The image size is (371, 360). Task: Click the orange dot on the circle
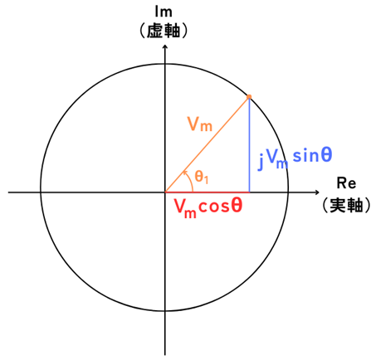(249, 96)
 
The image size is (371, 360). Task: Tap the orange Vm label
(200, 124)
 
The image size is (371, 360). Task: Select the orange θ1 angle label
(202, 177)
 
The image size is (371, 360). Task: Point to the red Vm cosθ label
(208, 207)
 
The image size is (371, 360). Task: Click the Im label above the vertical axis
(164, 12)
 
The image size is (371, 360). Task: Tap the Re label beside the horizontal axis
(346, 183)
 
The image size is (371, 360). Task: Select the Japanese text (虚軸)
(164, 31)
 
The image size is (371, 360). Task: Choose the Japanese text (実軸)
(346, 205)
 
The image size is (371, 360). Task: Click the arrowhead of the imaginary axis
(165, 46)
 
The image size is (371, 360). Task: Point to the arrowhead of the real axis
(318, 192)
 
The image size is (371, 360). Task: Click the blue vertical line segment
(249, 145)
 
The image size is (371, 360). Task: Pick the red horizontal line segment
(207, 192)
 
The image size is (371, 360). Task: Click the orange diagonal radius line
(207, 144)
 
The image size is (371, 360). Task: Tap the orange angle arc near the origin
(190, 180)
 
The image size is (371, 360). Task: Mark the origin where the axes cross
(165, 192)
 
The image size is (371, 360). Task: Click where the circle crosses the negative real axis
(41, 192)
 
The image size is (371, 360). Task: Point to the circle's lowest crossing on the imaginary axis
(165, 311)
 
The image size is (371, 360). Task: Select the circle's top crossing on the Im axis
(165, 64)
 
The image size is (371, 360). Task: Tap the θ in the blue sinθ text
(327, 155)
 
